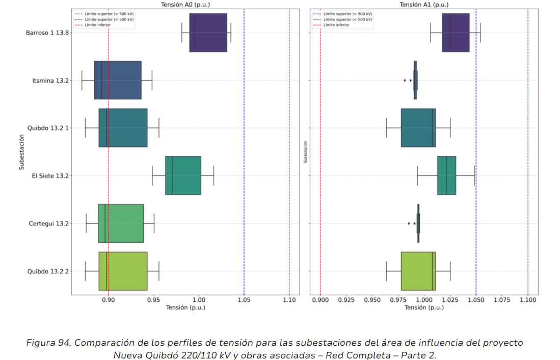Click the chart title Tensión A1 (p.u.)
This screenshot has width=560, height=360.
424,5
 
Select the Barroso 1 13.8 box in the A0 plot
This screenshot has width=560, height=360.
208,33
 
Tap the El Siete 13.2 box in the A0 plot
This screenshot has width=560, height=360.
183,175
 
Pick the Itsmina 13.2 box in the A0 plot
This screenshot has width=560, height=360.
118,80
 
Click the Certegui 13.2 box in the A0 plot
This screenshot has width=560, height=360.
121,223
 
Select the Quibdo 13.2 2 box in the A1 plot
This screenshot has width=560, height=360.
418,271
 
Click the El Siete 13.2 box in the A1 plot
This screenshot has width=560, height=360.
446,175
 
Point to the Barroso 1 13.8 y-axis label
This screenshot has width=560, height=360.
47,33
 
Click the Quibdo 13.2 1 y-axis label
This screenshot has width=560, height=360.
48,128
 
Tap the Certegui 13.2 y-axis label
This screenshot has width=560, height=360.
49,223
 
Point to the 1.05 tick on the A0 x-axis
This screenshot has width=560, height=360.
244,301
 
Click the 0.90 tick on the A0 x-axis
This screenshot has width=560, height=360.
108,301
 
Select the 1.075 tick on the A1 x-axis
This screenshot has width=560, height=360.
502,301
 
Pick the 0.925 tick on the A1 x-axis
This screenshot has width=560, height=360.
346,301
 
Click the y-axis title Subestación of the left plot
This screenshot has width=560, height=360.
22,151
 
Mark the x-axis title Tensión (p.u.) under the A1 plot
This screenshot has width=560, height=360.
424,308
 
